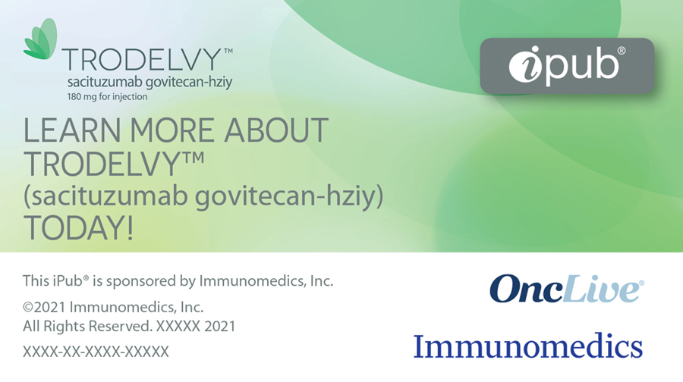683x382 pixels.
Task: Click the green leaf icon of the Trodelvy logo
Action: [x=40, y=39]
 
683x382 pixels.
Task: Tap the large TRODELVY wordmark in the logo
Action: [x=142, y=60]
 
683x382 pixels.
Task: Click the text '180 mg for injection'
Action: [x=107, y=96]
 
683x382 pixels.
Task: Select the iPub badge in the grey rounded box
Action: [x=567, y=66]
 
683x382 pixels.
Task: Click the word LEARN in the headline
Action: [x=72, y=130]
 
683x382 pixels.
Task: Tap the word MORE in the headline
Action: [x=172, y=130]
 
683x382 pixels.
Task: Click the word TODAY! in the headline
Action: [x=78, y=227]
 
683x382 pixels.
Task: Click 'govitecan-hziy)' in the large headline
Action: [x=289, y=196]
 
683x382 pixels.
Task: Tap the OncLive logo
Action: [x=567, y=288]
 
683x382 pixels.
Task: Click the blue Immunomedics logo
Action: [x=528, y=346]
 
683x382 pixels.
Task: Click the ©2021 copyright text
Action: [x=113, y=307]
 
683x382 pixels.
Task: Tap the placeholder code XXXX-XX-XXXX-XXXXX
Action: [x=96, y=352]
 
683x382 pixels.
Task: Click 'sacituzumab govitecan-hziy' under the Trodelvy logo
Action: [x=150, y=82]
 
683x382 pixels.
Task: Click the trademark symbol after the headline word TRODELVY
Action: [x=193, y=156]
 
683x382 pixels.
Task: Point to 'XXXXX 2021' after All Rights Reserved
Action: [x=196, y=327]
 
